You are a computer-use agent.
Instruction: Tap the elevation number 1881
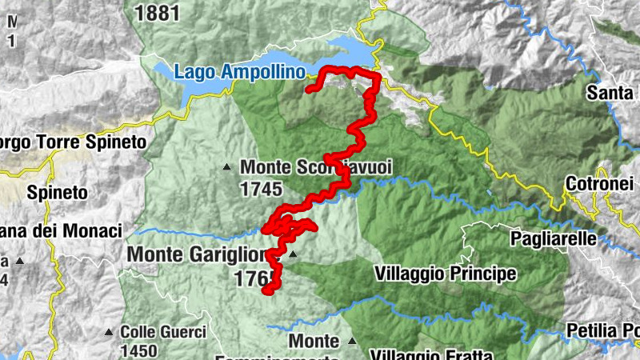tap(158, 12)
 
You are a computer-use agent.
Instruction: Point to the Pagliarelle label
tap(554, 238)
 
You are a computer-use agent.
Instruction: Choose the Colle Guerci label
tap(163, 331)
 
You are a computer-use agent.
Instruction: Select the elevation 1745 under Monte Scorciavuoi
tap(261, 190)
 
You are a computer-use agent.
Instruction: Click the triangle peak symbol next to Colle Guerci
tap(109, 331)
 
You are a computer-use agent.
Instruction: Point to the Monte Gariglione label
tap(196, 254)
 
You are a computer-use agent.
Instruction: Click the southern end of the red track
tap(267, 292)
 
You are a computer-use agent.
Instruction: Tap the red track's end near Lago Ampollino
tap(309, 90)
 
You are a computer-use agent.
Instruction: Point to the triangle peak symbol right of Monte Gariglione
tap(293, 255)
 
